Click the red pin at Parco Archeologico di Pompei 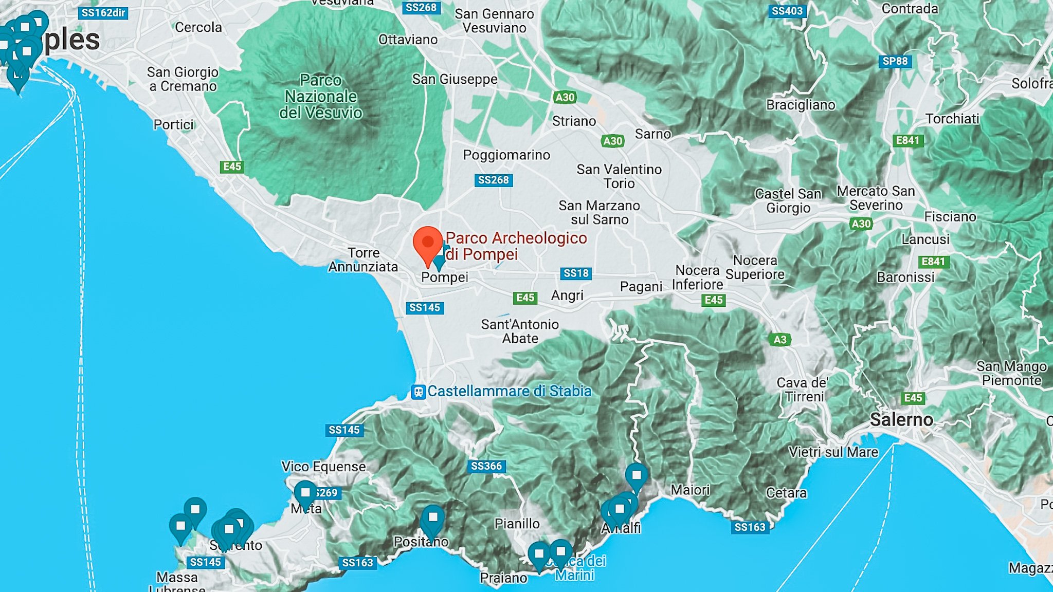pos(428,243)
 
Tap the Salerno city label pos(901,420)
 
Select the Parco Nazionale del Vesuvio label pos(321,97)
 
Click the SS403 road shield pos(787,11)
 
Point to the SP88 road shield pos(895,61)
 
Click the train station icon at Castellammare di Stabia pos(419,392)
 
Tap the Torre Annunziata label pos(364,260)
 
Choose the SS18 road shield pos(575,273)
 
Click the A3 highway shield pos(779,340)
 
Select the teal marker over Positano pos(432,517)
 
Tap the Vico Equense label pos(323,467)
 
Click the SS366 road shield pos(486,466)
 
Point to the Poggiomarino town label pos(506,155)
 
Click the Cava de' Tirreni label pos(803,390)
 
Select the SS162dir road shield pos(103,13)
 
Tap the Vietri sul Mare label pos(833,452)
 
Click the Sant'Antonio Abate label pos(520,331)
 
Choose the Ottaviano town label pos(408,40)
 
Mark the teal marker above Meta pos(305,492)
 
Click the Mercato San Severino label pos(876,198)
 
